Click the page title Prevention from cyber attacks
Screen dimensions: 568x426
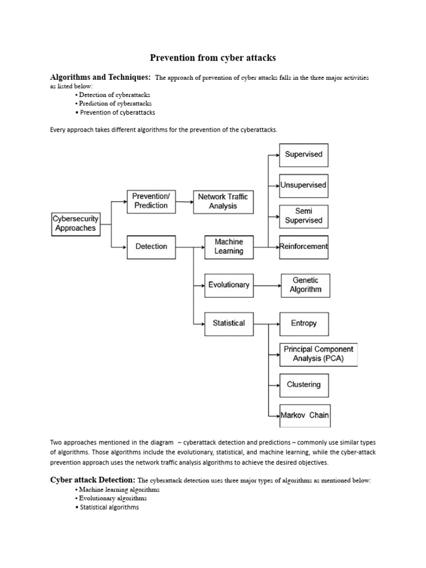click(x=213, y=58)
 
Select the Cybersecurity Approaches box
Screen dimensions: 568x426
click(x=75, y=224)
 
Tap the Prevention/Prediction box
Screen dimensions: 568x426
click(x=151, y=201)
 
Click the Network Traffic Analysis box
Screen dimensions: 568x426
click(x=223, y=201)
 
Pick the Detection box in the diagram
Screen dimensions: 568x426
click(x=151, y=247)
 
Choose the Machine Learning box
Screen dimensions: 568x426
click(x=229, y=247)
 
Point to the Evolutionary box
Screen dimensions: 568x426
click(x=229, y=285)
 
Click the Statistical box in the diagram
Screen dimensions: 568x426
click(x=229, y=323)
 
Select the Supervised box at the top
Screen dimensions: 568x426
click(x=303, y=155)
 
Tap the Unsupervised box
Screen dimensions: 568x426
click(x=303, y=185)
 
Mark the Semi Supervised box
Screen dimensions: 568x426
click(x=303, y=216)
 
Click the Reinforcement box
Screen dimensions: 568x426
click(x=303, y=247)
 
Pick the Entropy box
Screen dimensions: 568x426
click(x=303, y=323)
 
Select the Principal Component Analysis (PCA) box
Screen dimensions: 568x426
click(x=318, y=354)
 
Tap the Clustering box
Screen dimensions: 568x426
click(x=303, y=384)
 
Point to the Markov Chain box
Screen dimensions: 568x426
click(x=305, y=415)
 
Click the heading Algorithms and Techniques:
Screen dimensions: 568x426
click(x=100, y=77)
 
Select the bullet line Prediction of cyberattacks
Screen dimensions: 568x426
click(x=115, y=103)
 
